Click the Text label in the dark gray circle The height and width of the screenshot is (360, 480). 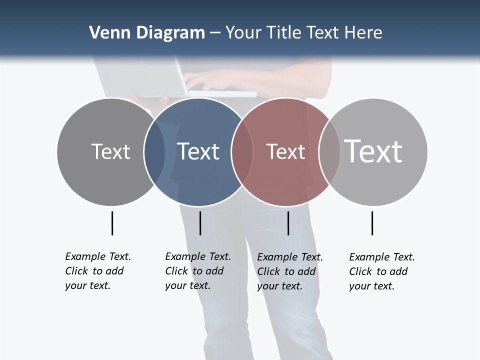point(110,151)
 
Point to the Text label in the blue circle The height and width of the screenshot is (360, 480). point(198,151)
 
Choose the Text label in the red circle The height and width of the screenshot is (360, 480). point(285,151)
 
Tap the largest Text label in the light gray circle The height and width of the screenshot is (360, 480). point(373,151)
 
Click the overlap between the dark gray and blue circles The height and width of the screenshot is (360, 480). point(154,151)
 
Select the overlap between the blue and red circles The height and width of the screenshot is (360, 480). point(242,151)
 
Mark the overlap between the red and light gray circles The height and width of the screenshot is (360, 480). point(329,151)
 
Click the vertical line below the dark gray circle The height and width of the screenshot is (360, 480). point(112,223)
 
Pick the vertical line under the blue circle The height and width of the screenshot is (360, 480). point(200,223)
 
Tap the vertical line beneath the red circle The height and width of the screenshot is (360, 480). point(288,223)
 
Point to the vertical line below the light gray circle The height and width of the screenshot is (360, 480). point(372,223)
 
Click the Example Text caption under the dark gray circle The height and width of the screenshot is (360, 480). point(97,271)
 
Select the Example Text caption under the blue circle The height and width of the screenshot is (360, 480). point(197,271)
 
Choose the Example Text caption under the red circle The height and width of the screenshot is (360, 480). point(289,271)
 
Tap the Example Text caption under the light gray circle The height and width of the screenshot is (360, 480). point(381,271)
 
